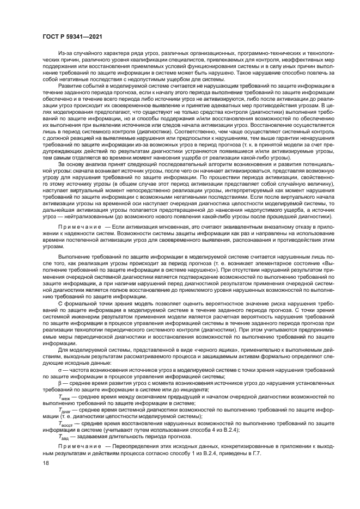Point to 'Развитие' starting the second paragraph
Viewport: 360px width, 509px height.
click(68, 87)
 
